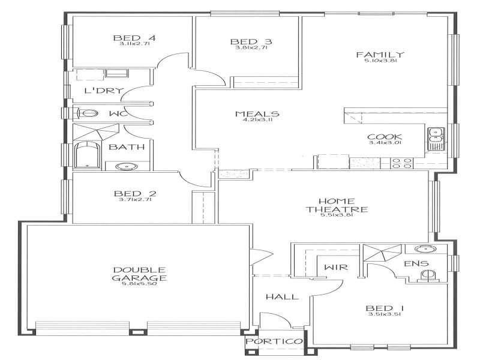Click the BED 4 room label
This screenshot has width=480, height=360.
coord(134,39)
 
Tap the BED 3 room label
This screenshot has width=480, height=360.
coord(251,41)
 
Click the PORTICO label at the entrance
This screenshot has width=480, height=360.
coord(274,341)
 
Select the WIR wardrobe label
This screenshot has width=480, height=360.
coord(333,267)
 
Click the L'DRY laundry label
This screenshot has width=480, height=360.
coord(104,91)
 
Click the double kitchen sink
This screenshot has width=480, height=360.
coord(434,139)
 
